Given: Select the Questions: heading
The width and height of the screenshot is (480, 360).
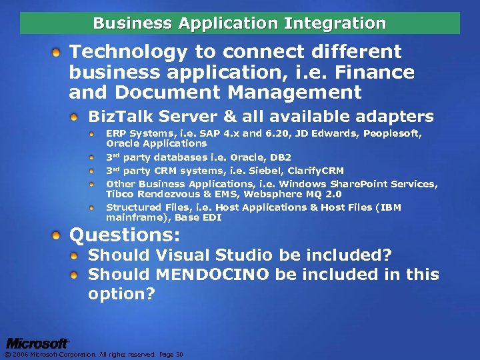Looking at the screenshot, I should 125,235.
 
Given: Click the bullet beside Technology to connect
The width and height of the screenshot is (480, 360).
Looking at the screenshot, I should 59,52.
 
